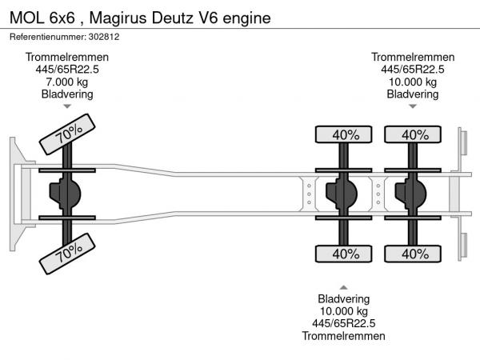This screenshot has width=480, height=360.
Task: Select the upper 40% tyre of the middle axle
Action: click(x=345, y=135)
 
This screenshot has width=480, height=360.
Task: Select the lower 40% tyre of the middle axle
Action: click(x=345, y=254)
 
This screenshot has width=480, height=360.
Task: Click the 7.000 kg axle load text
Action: click(x=67, y=82)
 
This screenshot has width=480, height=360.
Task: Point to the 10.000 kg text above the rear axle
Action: click(x=413, y=82)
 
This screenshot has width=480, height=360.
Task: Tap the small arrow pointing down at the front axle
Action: click(x=67, y=106)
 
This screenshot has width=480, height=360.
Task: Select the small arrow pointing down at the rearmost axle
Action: click(x=413, y=106)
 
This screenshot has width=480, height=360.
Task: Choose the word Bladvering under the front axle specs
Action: click(x=67, y=94)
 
